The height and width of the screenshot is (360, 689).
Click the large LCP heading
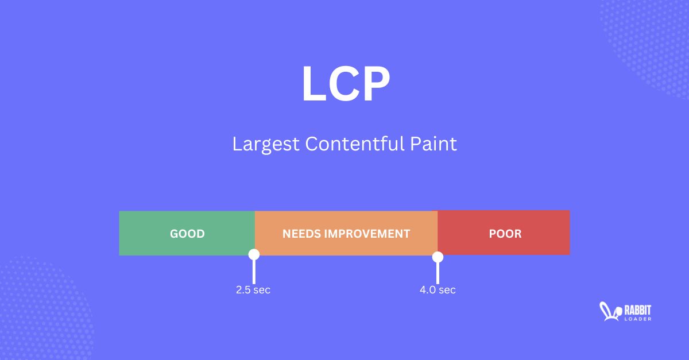tap(346, 84)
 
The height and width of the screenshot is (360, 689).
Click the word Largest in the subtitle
tap(266, 144)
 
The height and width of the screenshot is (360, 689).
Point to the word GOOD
tap(187, 234)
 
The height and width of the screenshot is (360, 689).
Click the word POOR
tap(505, 234)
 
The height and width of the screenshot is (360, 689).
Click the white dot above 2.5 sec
tap(254, 254)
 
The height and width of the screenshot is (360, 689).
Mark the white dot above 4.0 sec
tap(438, 257)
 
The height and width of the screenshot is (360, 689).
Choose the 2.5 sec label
tap(253, 290)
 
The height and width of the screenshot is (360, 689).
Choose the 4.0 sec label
tap(438, 290)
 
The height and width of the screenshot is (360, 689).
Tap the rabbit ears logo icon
tap(609, 311)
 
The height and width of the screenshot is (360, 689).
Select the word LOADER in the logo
tap(637, 319)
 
